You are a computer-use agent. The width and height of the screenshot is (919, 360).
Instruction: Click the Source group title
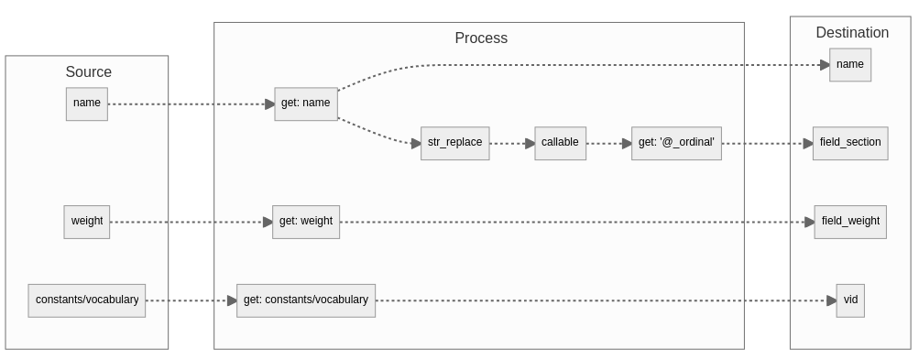[x=88, y=72]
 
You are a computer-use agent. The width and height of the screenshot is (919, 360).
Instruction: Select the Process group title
[x=480, y=38]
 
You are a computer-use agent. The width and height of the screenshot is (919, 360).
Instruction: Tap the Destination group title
[x=851, y=33]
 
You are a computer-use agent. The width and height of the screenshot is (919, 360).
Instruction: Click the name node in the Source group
[x=87, y=104]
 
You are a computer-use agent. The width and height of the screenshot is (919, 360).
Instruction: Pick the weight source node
[x=87, y=222]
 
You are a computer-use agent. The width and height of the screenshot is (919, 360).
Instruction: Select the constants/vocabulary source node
[x=87, y=300]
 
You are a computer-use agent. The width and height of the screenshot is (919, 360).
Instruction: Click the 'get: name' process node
[x=305, y=104]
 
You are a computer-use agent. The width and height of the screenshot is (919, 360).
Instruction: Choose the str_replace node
[x=454, y=143]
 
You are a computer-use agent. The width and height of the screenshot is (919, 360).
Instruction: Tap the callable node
[x=560, y=143]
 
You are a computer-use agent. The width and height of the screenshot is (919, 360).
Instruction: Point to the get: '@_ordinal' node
[x=676, y=143]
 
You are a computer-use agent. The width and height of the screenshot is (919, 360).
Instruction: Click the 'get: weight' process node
[x=306, y=222]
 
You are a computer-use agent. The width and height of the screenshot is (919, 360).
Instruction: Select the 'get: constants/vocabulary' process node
[x=306, y=300]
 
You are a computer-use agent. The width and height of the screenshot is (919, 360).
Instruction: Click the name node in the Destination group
[x=849, y=65]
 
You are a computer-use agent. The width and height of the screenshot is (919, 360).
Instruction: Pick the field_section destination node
[x=849, y=143]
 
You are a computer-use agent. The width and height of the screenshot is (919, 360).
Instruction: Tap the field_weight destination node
[x=849, y=222]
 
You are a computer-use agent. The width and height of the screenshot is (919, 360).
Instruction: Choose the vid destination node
[x=849, y=300]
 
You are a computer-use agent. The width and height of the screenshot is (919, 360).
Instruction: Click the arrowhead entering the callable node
[x=530, y=144]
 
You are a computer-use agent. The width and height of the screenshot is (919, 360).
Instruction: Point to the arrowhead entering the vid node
[x=831, y=300]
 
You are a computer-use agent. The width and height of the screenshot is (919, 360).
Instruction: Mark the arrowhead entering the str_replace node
[x=415, y=143]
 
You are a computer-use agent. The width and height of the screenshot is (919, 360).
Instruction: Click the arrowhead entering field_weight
[x=809, y=222]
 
